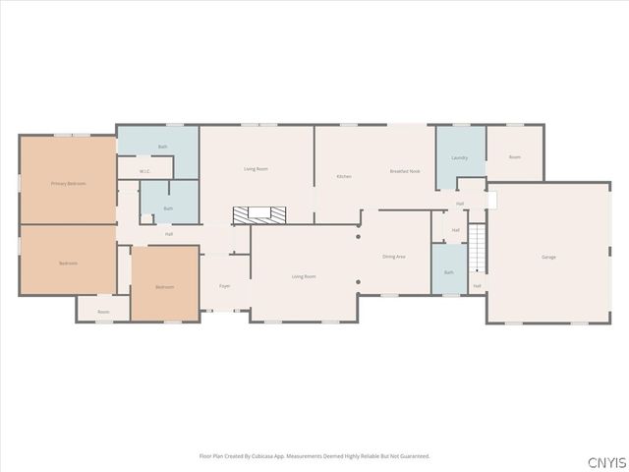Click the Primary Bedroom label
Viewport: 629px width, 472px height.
(x=68, y=183)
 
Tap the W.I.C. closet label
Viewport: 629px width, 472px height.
(x=144, y=171)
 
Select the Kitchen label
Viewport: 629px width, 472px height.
(x=344, y=176)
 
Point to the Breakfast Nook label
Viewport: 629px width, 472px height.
(x=405, y=171)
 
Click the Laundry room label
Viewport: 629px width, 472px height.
(x=459, y=157)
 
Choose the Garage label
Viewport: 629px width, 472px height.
(x=548, y=257)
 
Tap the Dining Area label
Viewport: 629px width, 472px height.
(x=394, y=257)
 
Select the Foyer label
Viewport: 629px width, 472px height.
(x=223, y=286)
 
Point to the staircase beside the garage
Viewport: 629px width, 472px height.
(x=477, y=248)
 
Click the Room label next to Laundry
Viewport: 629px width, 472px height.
(x=514, y=157)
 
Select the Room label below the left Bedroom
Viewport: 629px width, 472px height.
(x=103, y=312)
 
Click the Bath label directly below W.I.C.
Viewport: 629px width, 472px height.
(x=168, y=207)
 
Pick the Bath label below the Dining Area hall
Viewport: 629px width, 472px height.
(x=449, y=272)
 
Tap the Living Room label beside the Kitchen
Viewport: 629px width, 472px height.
(x=257, y=169)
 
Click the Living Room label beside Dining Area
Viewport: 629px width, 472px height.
(x=304, y=276)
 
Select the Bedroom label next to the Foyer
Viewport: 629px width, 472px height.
(x=164, y=287)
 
